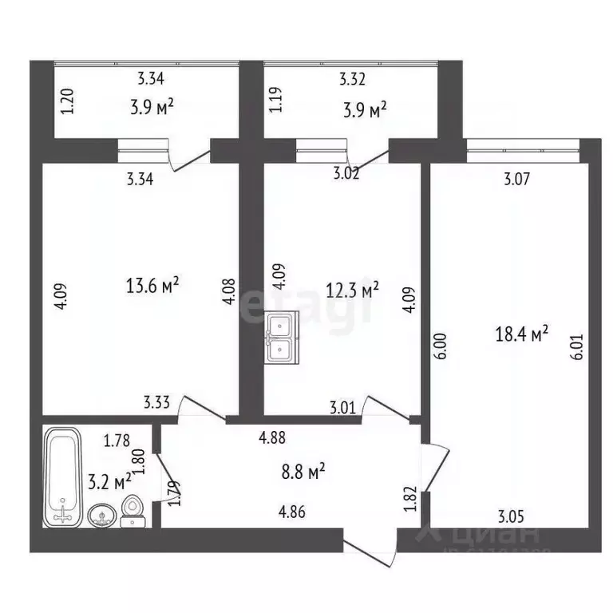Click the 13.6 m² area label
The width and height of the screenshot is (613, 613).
tap(152, 284)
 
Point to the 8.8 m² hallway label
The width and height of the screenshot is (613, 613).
tap(304, 473)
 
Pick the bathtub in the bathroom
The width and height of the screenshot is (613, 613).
tap(61, 476)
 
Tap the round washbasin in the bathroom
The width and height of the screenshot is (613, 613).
tap(101, 513)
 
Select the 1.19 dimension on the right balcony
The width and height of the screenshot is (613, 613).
tap(275, 104)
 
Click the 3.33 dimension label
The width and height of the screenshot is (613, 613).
tap(156, 402)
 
